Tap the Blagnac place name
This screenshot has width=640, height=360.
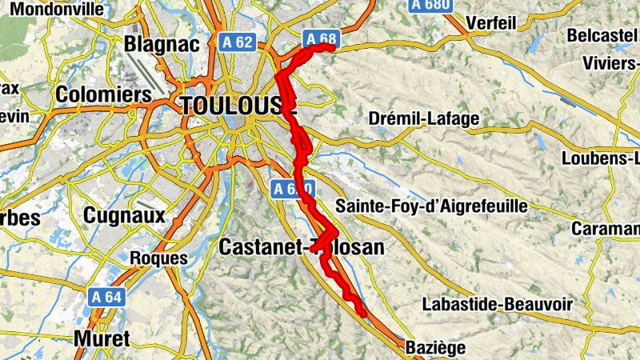tap(162, 44)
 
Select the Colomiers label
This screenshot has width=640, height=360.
tap(103, 94)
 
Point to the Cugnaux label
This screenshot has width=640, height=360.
tap(124, 215)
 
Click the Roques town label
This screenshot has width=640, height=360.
tap(158, 258)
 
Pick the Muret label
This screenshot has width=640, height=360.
tap(101, 338)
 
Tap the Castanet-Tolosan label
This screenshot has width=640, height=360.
tap(301, 247)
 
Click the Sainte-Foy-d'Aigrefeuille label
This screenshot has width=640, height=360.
tap(431, 206)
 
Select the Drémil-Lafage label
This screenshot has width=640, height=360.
tap(424, 118)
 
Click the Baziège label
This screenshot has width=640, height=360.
tap(434, 348)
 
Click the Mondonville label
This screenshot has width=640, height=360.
tap(53, 10)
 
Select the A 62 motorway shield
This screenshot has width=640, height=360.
tap(238, 44)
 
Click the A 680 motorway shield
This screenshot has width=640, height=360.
tap(431, 5)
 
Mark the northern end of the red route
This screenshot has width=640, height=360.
tap(330, 48)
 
